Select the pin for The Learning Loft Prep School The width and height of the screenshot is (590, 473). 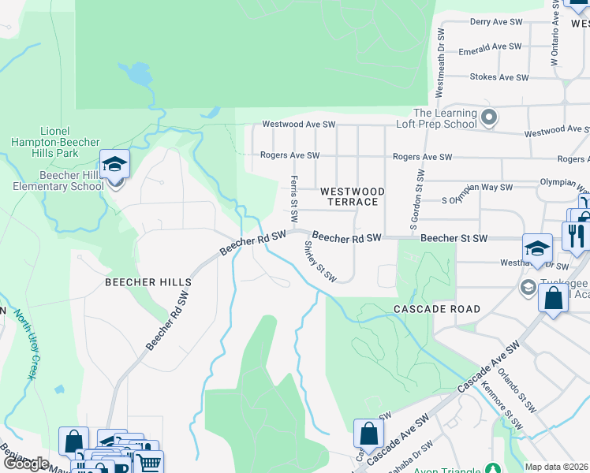pyautogui.click(x=489, y=119)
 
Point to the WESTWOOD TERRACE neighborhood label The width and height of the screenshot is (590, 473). pyautogui.click(x=352, y=197)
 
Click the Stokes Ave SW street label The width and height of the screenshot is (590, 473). pyautogui.click(x=499, y=77)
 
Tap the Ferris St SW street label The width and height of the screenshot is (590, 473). pyautogui.click(x=294, y=198)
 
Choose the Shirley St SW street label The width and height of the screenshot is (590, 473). pyautogui.click(x=320, y=261)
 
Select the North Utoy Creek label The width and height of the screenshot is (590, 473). pyautogui.click(x=24, y=344)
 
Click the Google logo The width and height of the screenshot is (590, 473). pyautogui.click(x=26, y=463)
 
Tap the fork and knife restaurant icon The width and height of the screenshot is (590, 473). pyautogui.click(x=574, y=235)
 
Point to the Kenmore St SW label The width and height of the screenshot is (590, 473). pyautogui.click(x=505, y=411)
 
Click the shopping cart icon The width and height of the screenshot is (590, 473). pyautogui.click(x=149, y=463)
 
